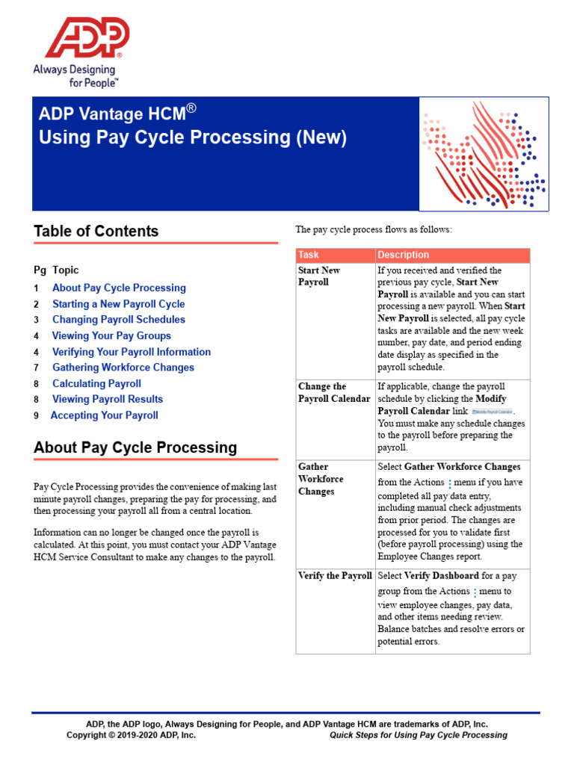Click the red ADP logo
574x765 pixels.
pyautogui.click(x=87, y=37)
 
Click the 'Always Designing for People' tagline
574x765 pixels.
pyautogui.click(x=76, y=75)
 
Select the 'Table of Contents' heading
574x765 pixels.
pyautogui.click(x=96, y=231)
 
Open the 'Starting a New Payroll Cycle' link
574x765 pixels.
pyautogui.click(x=118, y=304)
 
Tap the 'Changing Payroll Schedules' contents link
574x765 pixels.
pyautogui.click(x=118, y=320)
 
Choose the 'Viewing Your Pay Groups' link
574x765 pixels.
pyautogui.click(x=111, y=336)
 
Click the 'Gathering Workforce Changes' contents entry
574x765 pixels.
pyautogui.click(x=123, y=368)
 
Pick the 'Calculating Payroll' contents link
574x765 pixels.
pyautogui.click(x=96, y=384)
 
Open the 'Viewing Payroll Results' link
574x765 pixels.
pyautogui.click(x=107, y=400)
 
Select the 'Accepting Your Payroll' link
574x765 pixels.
pyautogui.click(x=104, y=415)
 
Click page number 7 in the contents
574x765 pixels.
pyautogui.click(x=36, y=368)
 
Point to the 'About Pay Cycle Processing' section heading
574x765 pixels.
pyautogui.click(x=135, y=447)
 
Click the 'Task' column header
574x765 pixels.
pyautogui.click(x=308, y=255)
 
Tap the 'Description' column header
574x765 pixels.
pyautogui.click(x=403, y=255)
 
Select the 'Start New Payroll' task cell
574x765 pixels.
pyautogui.click(x=319, y=276)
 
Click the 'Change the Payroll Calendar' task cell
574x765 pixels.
pyautogui.click(x=334, y=393)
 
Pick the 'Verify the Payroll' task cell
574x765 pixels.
pyautogui.click(x=334, y=576)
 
